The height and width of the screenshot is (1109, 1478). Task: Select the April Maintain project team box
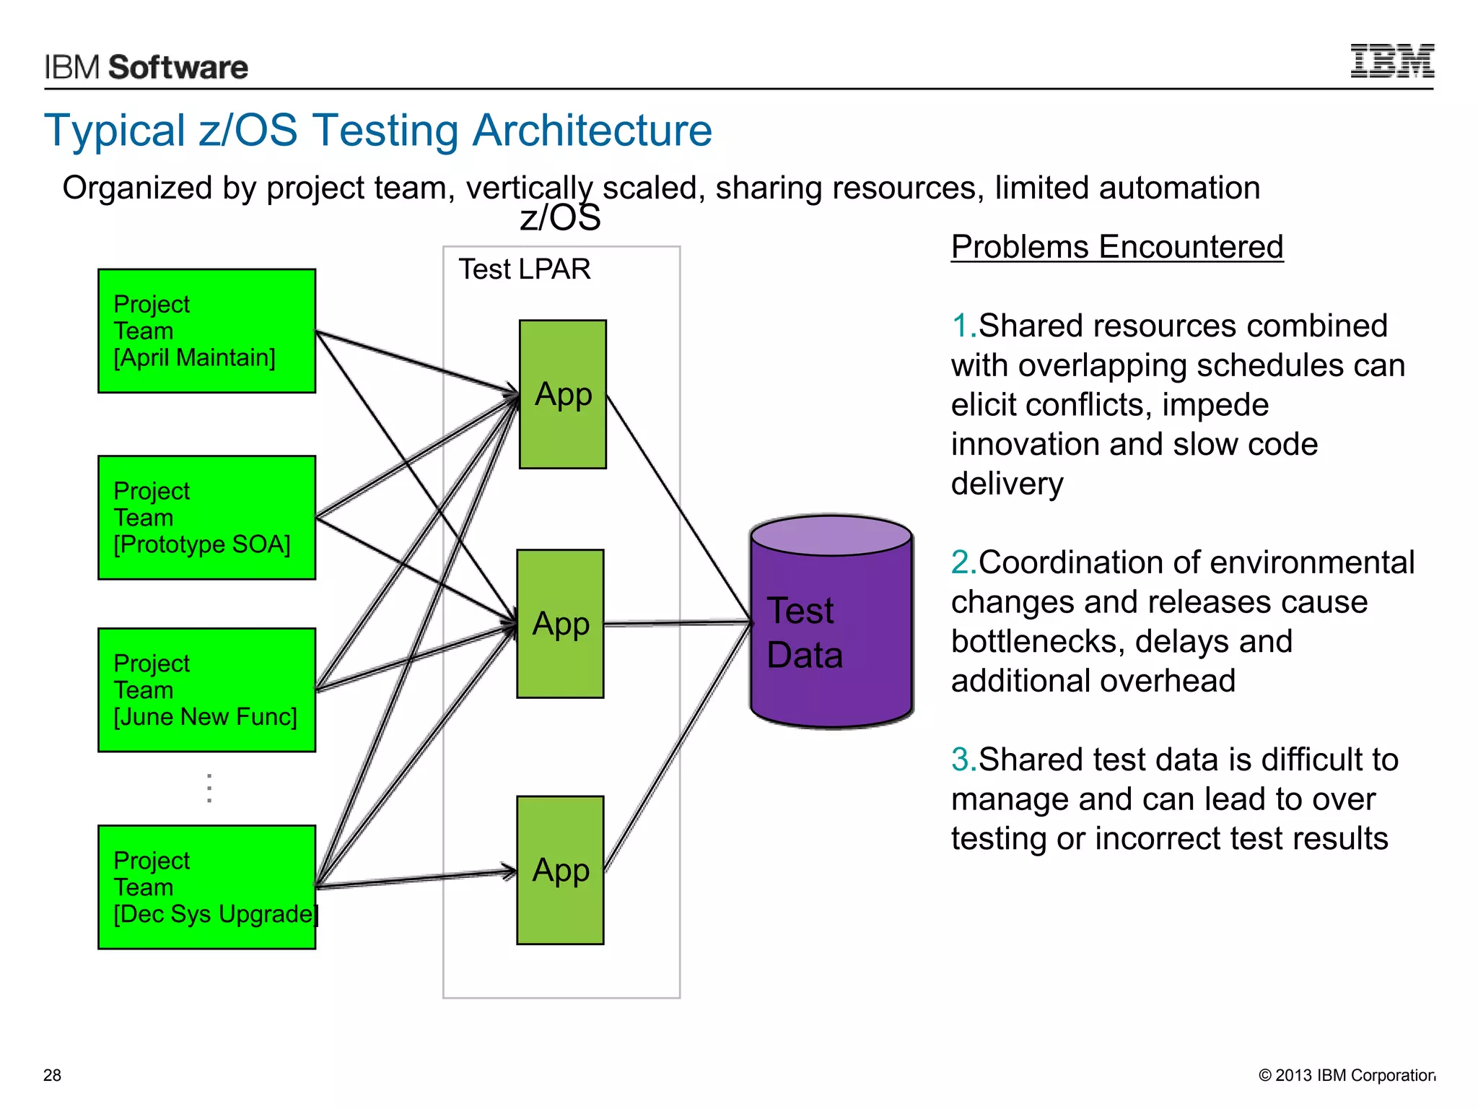pos(206,331)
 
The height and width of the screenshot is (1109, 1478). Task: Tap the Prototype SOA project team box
pos(206,518)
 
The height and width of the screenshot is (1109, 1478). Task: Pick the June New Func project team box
pos(206,690)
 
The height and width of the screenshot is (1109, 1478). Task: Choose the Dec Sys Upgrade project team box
pos(206,887)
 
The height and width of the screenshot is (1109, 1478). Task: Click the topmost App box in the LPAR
pos(563,395)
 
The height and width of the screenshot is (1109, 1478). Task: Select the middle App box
pos(560,624)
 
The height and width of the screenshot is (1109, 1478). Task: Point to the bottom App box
pos(560,871)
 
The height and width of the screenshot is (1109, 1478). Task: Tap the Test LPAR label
pos(525,269)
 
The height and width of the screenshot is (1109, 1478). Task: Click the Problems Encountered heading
pos(1116,247)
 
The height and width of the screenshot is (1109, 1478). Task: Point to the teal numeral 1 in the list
pos(961,326)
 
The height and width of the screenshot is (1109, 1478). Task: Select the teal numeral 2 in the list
pos(961,563)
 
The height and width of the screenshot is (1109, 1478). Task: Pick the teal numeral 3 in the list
pos(961,760)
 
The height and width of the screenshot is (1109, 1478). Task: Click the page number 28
pos(52,1075)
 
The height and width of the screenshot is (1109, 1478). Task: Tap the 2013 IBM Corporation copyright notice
pos(1347,1075)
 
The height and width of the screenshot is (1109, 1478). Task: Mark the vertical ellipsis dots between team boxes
pos(209,788)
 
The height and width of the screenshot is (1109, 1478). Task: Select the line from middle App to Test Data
pos(677,623)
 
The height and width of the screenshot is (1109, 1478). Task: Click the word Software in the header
pos(178,68)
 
